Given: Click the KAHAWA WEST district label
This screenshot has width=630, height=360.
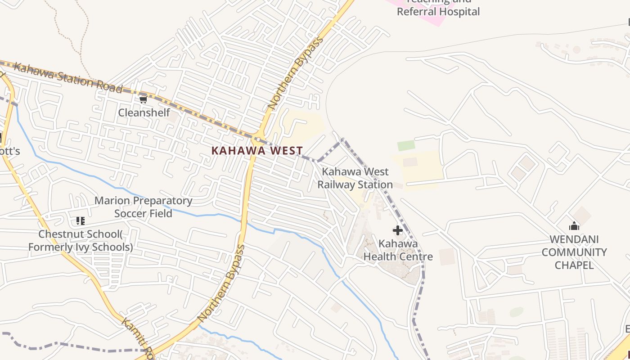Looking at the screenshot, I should point(257,151).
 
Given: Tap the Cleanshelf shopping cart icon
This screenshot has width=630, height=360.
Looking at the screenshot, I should point(143,99).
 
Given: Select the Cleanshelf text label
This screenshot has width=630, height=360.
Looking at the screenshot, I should point(144,112).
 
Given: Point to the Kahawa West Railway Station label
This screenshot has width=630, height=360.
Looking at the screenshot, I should point(355,178).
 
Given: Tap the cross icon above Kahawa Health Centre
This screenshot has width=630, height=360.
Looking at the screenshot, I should point(398,230).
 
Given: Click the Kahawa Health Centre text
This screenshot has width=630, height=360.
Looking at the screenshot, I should point(398,250).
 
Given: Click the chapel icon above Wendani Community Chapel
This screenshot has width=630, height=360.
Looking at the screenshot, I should point(574,226).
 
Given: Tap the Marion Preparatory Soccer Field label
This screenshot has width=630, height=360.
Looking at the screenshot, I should point(143,207).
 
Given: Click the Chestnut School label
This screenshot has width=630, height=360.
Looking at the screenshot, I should point(80,241).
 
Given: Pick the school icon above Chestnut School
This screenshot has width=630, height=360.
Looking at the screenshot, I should point(81,220).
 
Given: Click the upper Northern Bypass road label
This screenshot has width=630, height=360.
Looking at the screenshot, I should point(295,73).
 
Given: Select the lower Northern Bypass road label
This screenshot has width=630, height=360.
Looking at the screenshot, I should point(221,283).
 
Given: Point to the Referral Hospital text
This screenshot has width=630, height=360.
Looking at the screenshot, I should point(438,12).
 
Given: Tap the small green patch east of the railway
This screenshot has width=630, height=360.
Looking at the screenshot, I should point(406,146).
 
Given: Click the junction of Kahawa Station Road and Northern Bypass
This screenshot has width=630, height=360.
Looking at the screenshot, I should point(258,136).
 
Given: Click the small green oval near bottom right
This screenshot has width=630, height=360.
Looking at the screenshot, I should point(516,312).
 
